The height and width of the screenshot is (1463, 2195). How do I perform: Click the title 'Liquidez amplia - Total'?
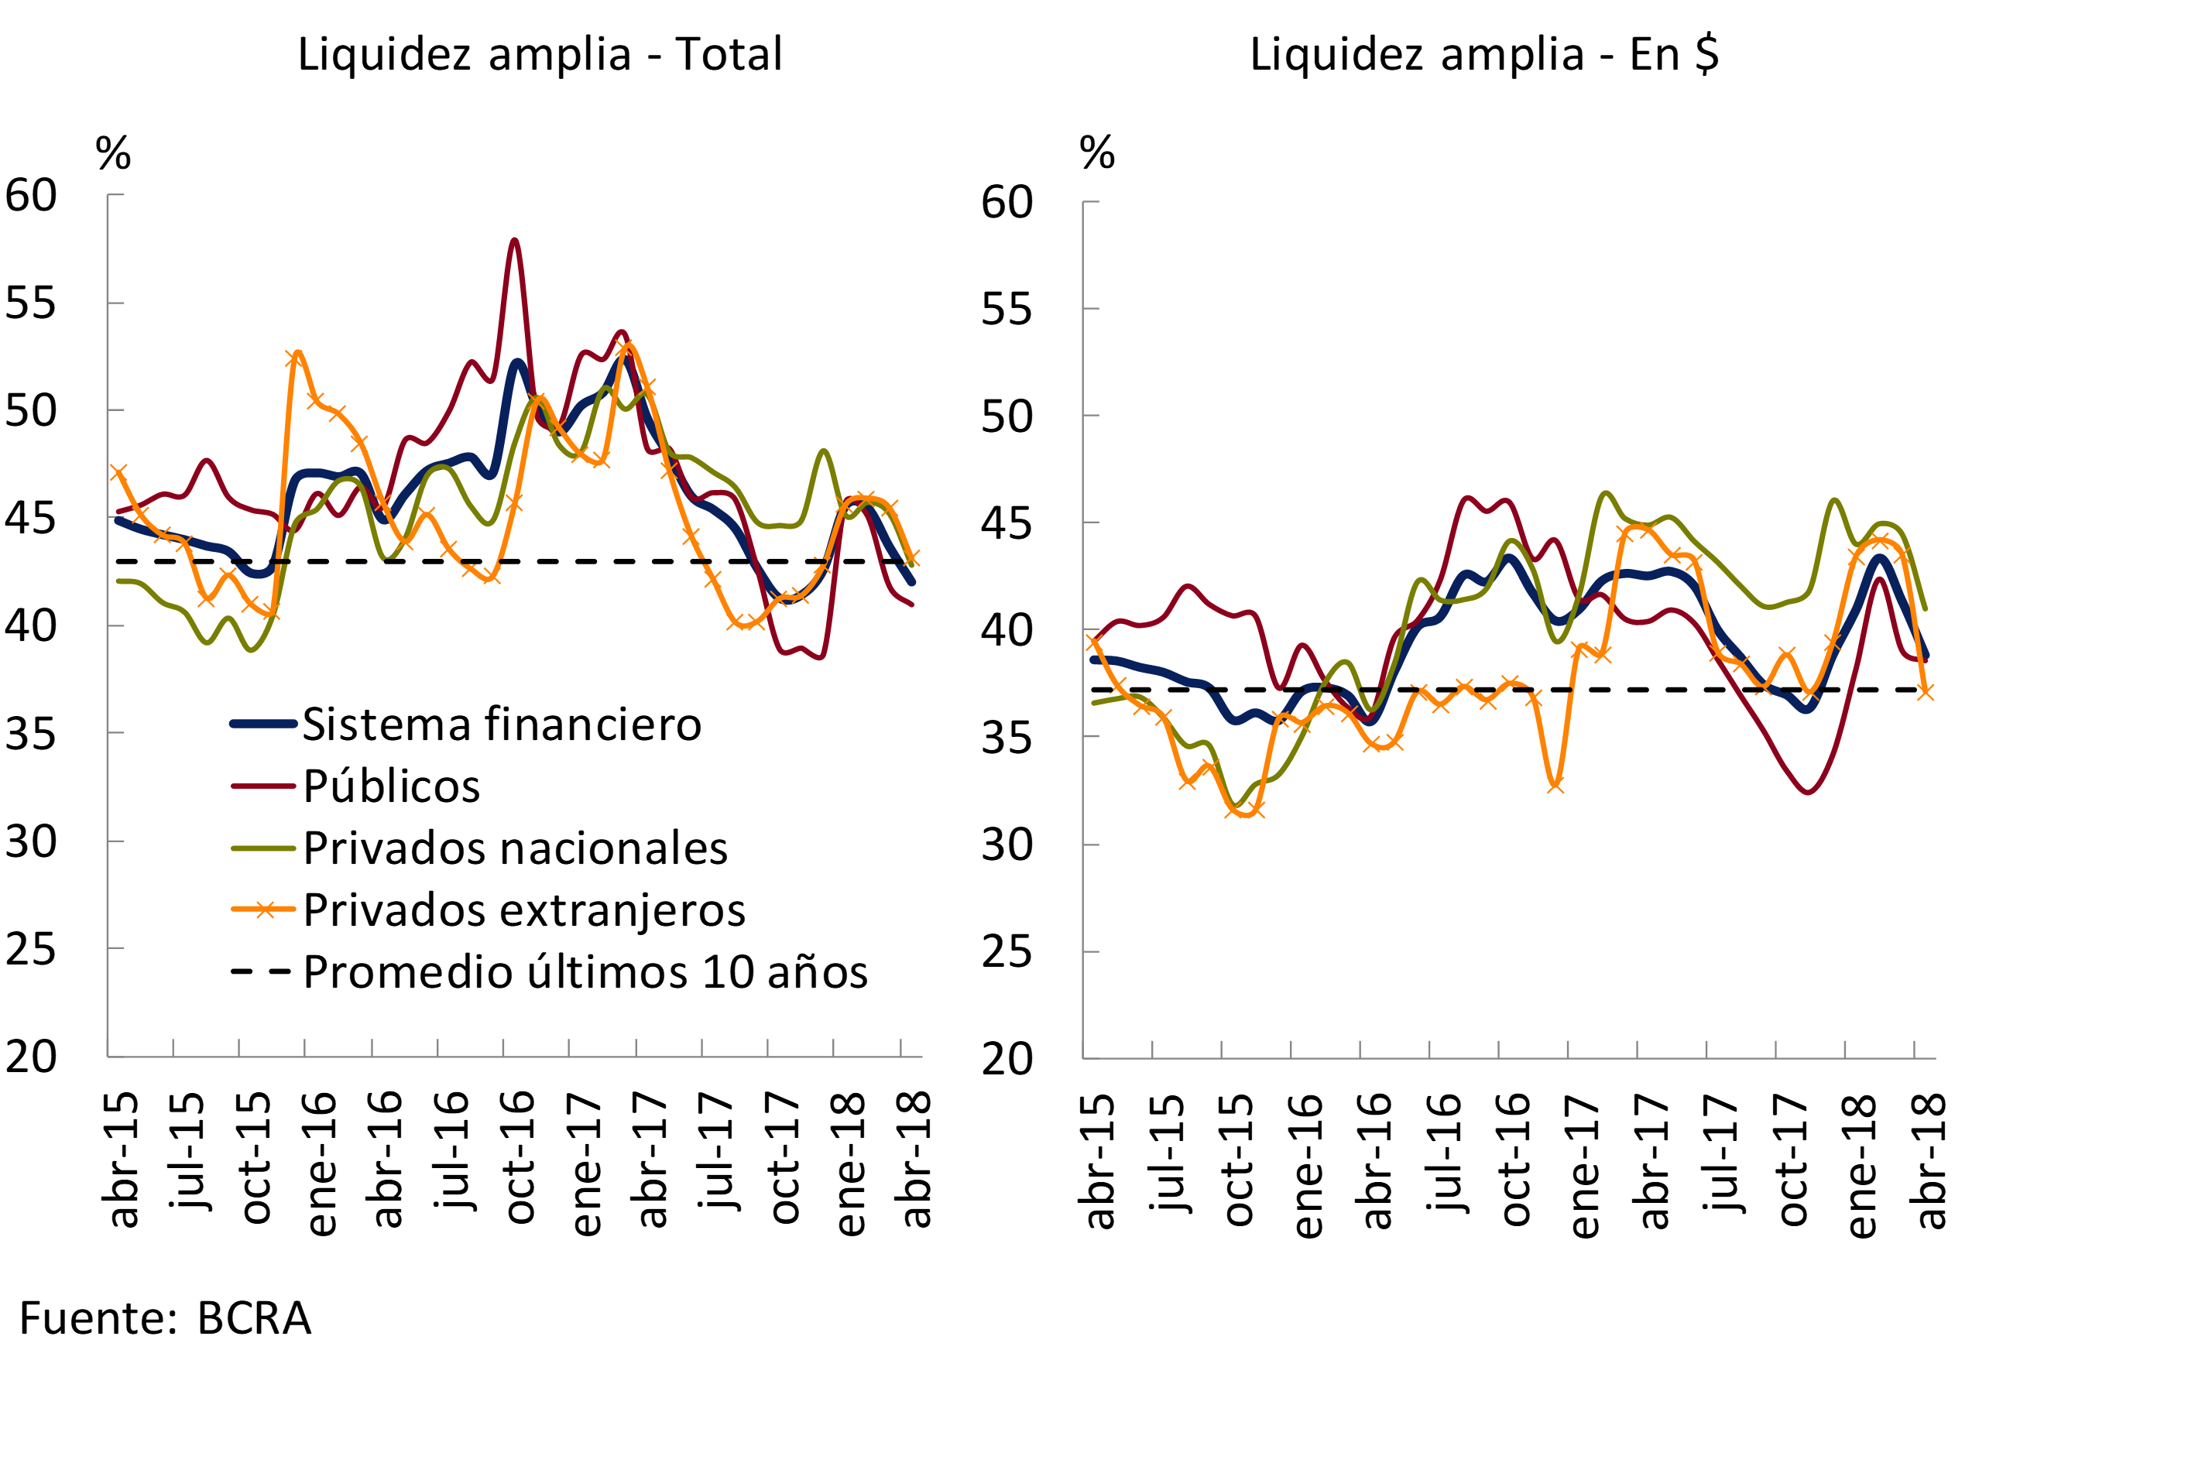[x=540, y=54]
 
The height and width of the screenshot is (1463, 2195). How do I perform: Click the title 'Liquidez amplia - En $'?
[x=1484, y=54]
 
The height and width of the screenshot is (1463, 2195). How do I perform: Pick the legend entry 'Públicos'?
[x=391, y=786]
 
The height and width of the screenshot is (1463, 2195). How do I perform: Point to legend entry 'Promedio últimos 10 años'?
[x=585, y=972]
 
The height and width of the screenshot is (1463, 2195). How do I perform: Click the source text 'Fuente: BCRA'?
[x=165, y=1318]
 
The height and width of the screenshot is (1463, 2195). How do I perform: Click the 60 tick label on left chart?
[x=31, y=196]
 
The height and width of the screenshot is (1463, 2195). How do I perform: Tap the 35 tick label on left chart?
[x=31, y=735]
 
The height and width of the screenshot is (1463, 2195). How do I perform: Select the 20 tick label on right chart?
[x=1006, y=1059]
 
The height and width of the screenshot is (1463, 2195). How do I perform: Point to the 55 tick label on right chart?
[x=1006, y=309]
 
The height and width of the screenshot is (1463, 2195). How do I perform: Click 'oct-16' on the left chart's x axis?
[x=519, y=1157]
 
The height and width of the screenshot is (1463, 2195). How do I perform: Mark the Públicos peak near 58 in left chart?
[x=514, y=241]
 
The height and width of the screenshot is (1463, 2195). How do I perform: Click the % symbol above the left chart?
[x=113, y=153]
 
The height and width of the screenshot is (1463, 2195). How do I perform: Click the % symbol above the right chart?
[x=1096, y=153]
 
